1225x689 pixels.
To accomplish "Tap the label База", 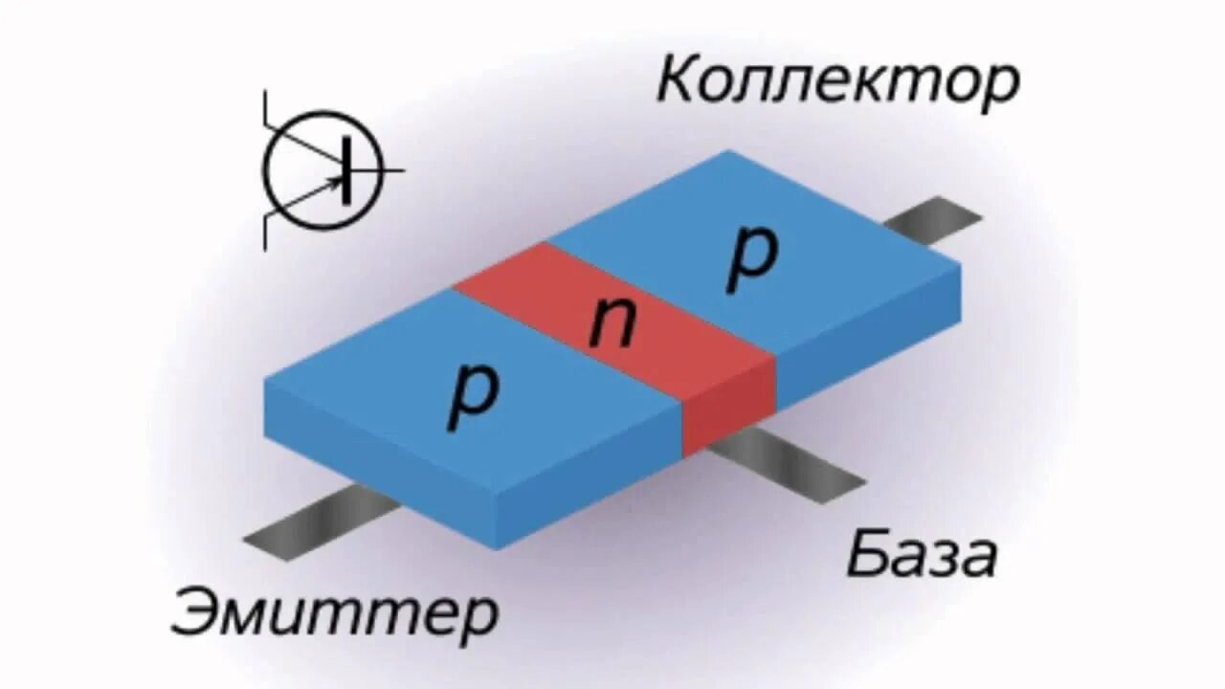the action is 921,556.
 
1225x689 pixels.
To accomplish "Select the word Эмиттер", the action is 335,613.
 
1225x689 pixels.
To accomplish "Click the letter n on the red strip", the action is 612,323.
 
